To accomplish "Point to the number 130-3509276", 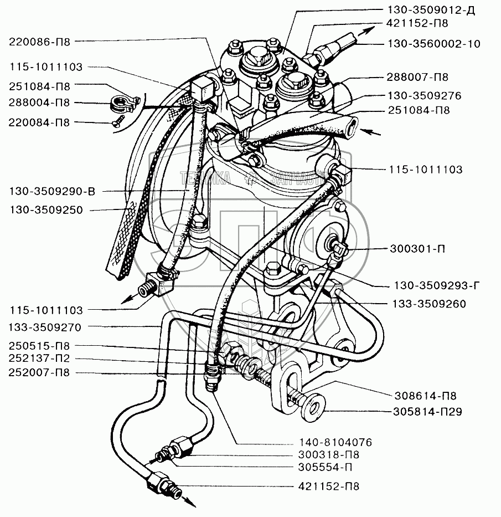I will tap(420, 95).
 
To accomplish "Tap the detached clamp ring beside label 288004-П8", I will tap(120, 103).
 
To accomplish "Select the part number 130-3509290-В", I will tap(51, 192).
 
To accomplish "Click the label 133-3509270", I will tap(45, 327).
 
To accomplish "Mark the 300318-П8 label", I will tap(324, 454).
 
